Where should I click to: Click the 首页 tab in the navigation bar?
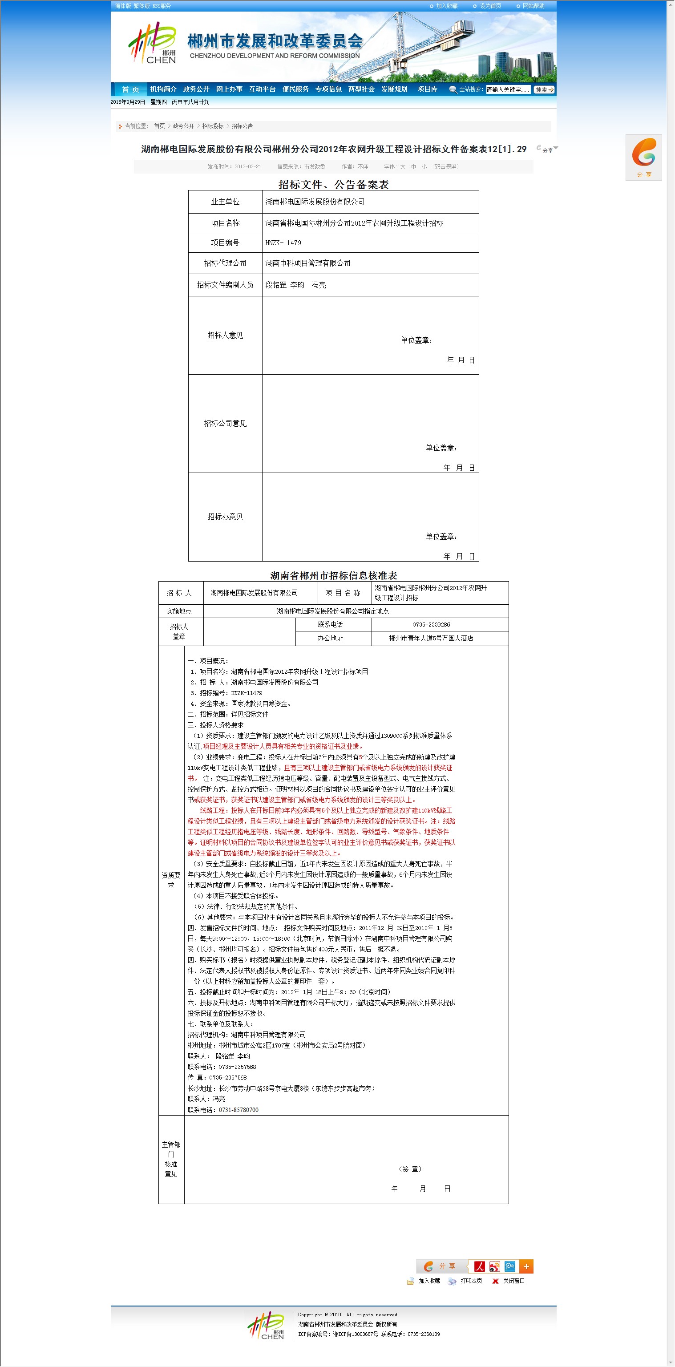tap(130, 89)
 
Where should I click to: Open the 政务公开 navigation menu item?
tap(196, 89)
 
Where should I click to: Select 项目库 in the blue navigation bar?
tap(427, 89)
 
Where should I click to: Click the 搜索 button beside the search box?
tap(544, 90)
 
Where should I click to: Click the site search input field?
tap(508, 90)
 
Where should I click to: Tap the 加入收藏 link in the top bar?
tap(446, 6)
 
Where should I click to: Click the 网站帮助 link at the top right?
tap(533, 6)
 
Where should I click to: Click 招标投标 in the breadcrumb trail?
tap(213, 126)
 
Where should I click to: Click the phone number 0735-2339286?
tap(431, 625)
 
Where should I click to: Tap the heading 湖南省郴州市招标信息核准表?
tap(333, 576)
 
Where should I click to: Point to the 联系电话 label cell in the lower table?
tap(330, 625)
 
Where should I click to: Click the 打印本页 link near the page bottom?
tap(471, 1281)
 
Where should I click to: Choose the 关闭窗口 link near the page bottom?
tap(513, 1281)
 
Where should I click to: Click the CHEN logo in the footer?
tap(267, 1325)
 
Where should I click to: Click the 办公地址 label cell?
tap(330, 639)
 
